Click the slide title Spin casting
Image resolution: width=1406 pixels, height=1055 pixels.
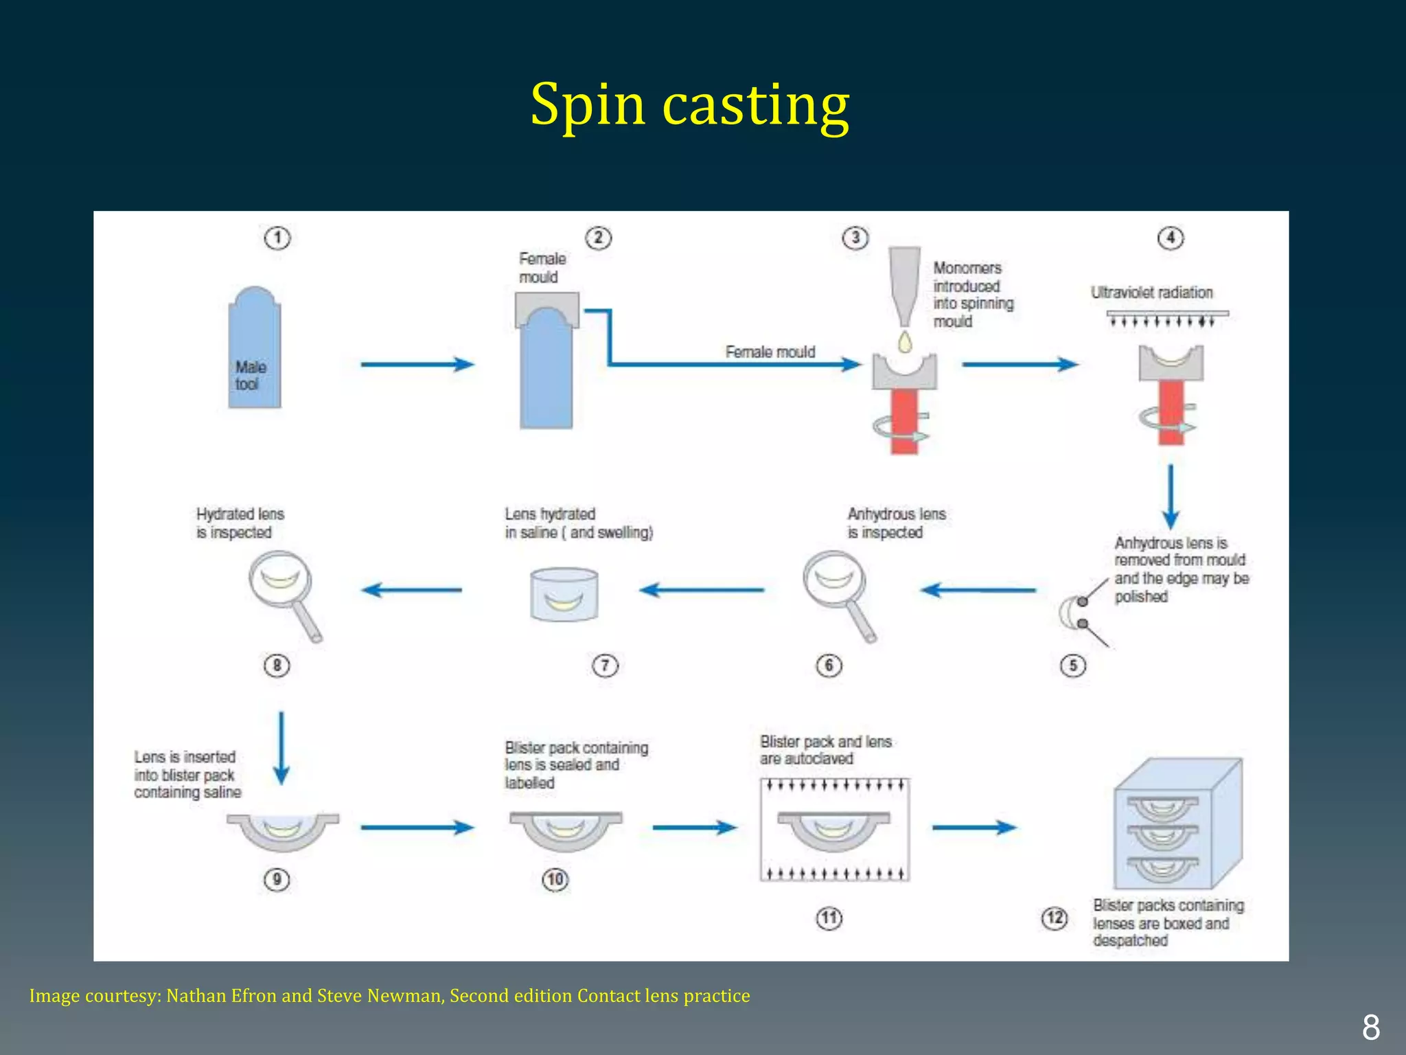click(689, 105)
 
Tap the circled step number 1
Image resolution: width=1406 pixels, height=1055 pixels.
click(277, 238)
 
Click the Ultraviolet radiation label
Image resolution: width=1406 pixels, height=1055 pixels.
click(1151, 293)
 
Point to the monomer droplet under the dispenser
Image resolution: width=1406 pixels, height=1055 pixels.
click(906, 341)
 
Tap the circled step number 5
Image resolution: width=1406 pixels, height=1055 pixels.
click(1073, 665)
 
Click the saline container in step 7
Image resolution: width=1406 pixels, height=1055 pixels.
click(564, 595)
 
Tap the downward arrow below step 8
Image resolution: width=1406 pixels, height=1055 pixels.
click(281, 747)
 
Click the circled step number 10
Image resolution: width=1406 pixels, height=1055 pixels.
click(555, 879)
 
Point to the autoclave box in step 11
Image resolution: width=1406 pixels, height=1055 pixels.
click(834, 829)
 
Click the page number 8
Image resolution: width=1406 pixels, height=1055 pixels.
click(1370, 1028)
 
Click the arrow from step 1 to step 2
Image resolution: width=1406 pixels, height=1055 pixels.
click(417, 364)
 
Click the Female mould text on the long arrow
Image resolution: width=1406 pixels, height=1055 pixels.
click(770, 352)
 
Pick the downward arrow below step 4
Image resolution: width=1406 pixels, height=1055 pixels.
click(1171, 496)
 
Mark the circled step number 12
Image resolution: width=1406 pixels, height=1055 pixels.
click(1054, 918)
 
